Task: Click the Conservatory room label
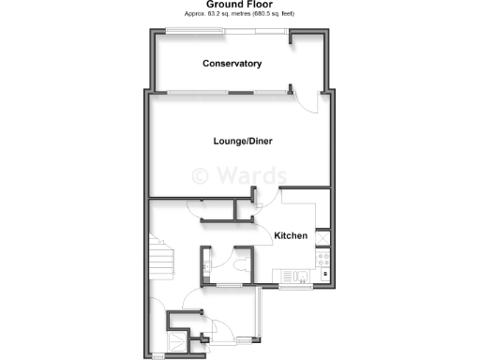pyautogui.click(x=232, y=64)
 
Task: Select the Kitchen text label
pyautogui.click(x=291, y=235)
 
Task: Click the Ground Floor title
pyautogui.click(x=239, y=5)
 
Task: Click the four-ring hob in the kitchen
pyautogui.click(x=322, y=259)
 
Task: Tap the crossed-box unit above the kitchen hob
pyautogui.click(x=322, y=238)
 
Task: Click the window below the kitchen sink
pyautogui.click(x=293, y=285)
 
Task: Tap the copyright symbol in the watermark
pyautogui.click(x=200, y=175)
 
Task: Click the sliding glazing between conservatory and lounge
pyautogui.click(x=225, y=92)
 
